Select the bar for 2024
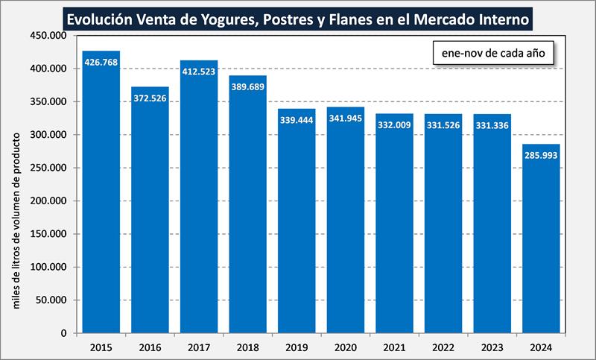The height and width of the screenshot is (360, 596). tap(541, 239)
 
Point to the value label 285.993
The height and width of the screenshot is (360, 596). tap(541, 156)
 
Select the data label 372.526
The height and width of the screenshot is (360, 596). tap(150, 98)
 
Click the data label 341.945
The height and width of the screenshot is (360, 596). tap(345, 119)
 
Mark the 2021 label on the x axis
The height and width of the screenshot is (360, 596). tap(394, 347)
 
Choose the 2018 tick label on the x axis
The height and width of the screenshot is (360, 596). tap(247, 347)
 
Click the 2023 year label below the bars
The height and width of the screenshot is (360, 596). tap(492, 347)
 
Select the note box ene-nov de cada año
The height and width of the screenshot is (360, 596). tap(492, 54)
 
